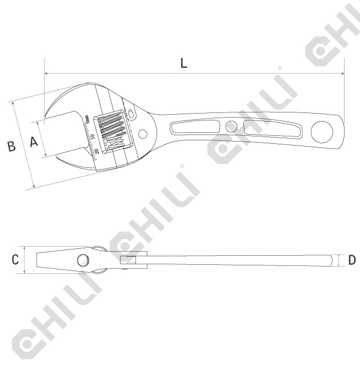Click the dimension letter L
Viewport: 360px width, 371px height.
[x=183, y=63]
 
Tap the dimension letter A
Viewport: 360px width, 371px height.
[x=34, y=142]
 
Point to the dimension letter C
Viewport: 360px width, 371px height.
[x=15, y=260]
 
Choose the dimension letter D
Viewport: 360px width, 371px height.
[x=351, y=260]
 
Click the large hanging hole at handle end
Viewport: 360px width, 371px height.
[x=322, y=132]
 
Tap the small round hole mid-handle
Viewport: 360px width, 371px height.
[x=231, y=127]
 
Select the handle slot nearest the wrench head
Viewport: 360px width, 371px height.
[x=194, y=127]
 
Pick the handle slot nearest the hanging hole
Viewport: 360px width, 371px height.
[x=271, y=129]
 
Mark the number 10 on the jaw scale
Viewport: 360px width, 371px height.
[x=93, y=138]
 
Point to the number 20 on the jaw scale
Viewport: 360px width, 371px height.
[x=97, y=151]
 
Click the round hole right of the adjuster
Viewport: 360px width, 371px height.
[x=143, y=135]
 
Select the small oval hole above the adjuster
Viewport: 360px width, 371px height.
[x=132, y=113]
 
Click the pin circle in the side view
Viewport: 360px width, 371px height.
[x=83, y=261]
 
